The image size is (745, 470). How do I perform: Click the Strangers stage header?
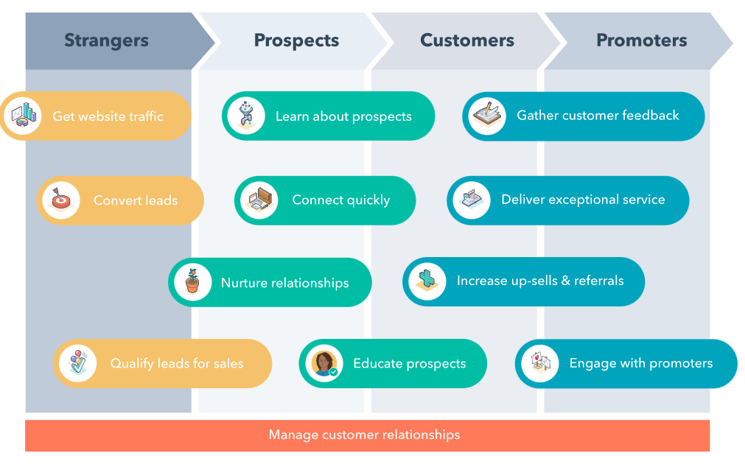106,41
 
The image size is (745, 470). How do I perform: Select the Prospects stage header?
296,41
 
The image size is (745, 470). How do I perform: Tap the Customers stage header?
466,41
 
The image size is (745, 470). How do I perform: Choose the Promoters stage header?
641,41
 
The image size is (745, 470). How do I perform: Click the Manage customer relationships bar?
367,435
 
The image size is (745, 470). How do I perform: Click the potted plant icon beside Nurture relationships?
193,281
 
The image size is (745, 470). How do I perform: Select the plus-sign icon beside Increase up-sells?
427,281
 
